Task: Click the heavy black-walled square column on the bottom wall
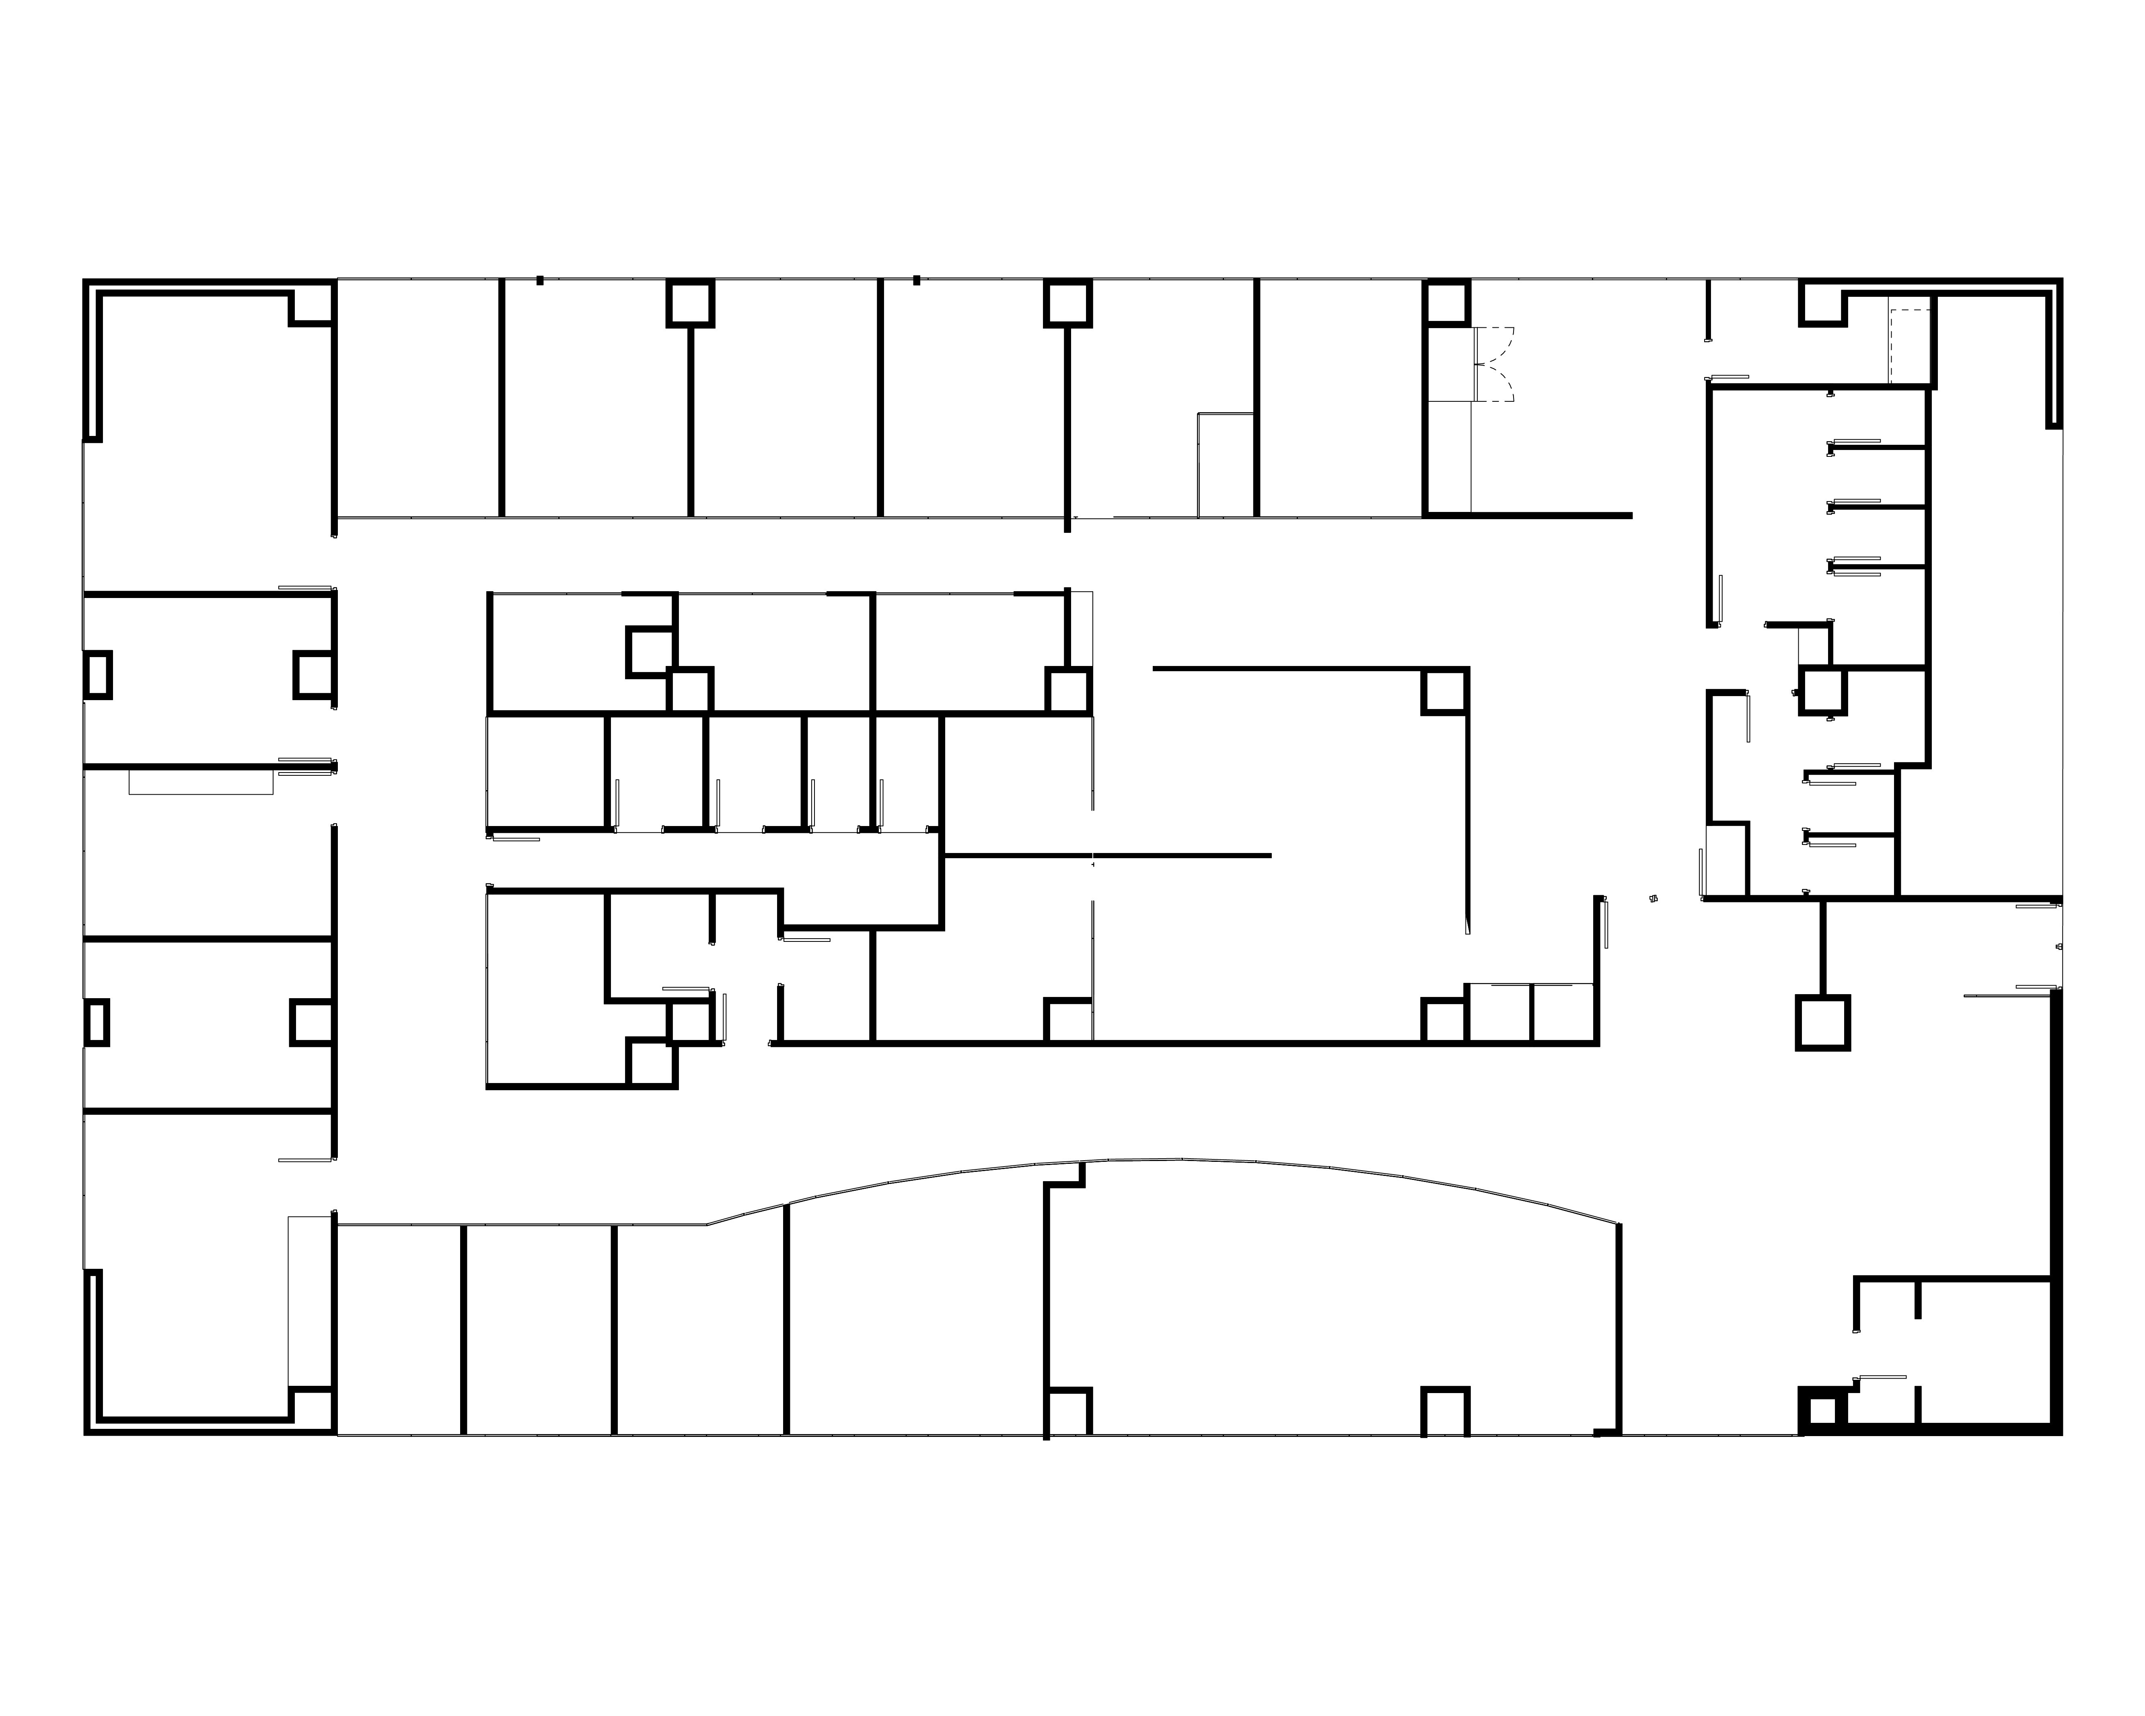tap(1821, 1412)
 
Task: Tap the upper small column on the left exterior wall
tap(97, 674)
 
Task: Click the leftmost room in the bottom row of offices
tap(399, 1329)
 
